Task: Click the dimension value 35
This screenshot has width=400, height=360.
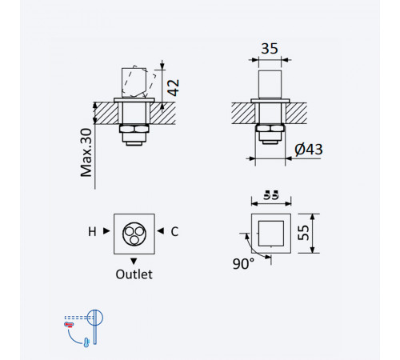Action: coord(270,49)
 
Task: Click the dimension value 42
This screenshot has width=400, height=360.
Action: coord(173,87)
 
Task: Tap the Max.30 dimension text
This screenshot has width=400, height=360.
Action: coord(86,153)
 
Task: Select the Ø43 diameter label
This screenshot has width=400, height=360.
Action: coord(309,150)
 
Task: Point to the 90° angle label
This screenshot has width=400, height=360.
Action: coord(243,264)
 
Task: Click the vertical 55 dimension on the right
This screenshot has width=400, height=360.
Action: coord(303,233)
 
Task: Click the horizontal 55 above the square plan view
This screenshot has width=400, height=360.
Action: coord(271,195)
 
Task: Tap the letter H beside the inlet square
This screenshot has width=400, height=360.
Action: coord(92,232)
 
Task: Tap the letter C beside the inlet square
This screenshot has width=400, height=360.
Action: coord(174,232)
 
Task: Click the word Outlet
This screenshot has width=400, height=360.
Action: coord(134,274)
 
